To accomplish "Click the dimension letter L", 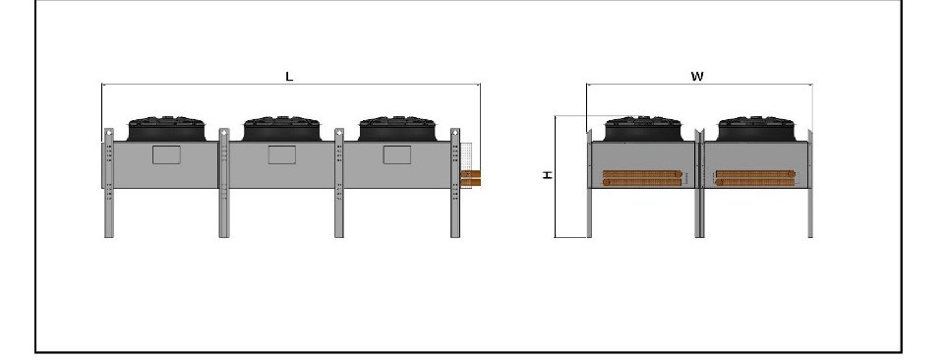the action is click(289, 76).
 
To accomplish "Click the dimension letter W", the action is click(697, 76).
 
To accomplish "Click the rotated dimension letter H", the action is click(547, 174).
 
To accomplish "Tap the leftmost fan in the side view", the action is click(166, 129).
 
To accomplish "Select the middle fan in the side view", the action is click(281, 129).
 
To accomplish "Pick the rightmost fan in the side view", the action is click(397, 129).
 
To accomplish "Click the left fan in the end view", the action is click(644, 129).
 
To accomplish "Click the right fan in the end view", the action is click(757, 129).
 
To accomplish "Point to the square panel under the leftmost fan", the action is click(167, 154).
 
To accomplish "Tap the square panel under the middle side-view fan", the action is click(282, 154).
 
